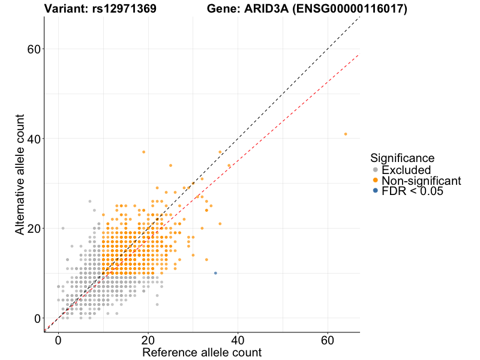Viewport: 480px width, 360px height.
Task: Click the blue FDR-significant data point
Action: (215, 273)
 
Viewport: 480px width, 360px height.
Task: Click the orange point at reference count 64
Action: (346, 134)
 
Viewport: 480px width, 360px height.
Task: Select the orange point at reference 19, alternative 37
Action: (143, 152)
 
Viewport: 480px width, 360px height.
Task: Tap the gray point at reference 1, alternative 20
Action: (63, 228)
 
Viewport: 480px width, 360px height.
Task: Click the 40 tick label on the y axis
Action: (34, 139)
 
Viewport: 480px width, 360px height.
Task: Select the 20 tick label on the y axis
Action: (34, 229)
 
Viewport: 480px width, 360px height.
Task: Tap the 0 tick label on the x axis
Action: (58, 340)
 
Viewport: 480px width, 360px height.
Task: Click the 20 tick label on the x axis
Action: (148, 340)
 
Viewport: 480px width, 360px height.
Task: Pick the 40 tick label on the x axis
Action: (238, 340)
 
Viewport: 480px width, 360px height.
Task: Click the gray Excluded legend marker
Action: (376, 170)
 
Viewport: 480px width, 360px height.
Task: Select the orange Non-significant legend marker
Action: (376, 180)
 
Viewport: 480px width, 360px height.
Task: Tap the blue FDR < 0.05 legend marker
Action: (376, 191)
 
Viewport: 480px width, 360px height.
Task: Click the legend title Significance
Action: (402, 158)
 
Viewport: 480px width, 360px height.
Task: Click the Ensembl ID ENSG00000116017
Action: (353, 9)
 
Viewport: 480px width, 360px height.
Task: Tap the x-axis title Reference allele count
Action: (202, 352)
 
